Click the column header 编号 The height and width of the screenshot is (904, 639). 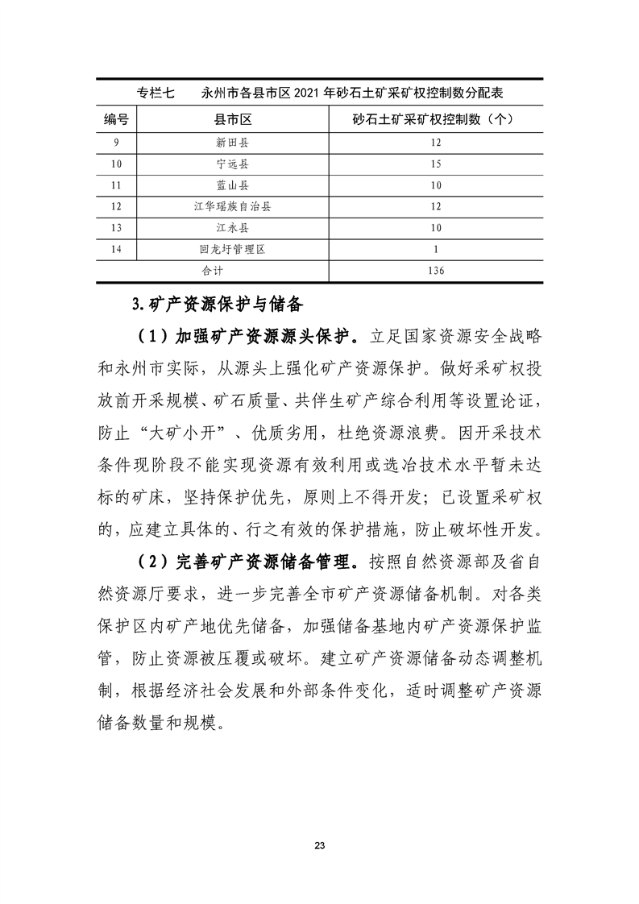coord(117,120)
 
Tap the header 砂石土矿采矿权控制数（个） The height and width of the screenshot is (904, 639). coord(434,120)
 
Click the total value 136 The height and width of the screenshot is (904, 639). coord(435,271)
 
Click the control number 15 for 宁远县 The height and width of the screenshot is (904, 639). coord(435,164)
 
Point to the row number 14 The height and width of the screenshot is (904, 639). coord(117,250)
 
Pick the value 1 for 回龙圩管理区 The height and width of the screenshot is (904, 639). coord(435,250)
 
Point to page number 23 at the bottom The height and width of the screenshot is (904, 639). coord(320,846)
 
